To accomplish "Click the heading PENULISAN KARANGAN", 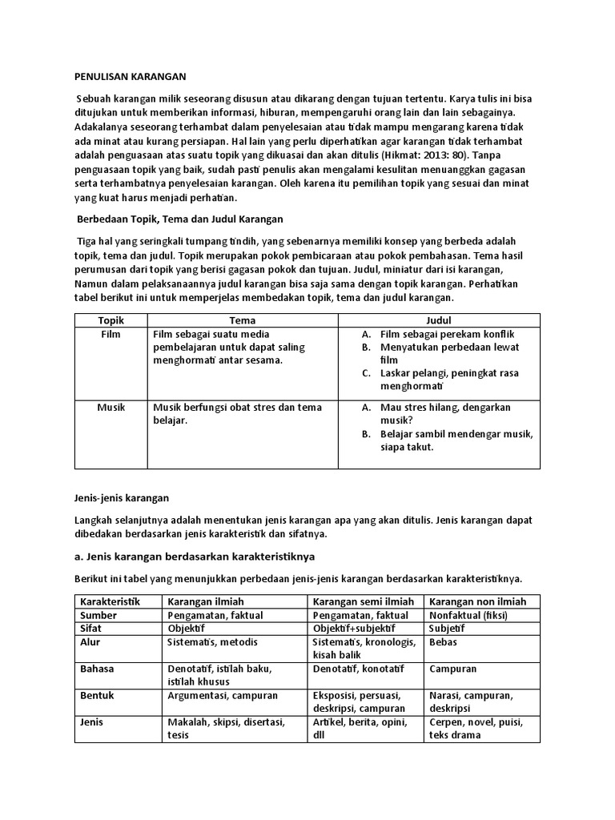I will point(130,77).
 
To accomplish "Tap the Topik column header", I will point(111,320).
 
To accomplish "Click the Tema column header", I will point(242,320).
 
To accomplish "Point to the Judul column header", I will point(439,320).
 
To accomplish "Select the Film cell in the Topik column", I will point(111,334).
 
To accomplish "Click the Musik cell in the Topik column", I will point(111,408).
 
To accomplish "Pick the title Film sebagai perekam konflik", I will point(447,334).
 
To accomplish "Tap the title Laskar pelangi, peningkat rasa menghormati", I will point(452,380).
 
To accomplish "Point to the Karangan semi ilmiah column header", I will point(363,601).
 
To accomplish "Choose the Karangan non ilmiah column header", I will point(478,601).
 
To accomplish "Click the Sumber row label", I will point(98,615).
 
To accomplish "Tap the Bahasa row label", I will point(97,668).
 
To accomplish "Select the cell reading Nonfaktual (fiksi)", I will point(468,615).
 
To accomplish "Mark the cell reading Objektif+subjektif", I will point(358,629).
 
